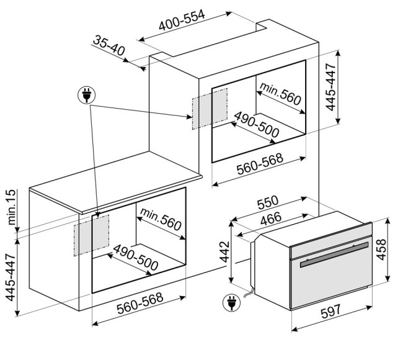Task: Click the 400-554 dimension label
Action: [x=182, y=20]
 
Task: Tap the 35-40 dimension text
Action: [x=108, y=45]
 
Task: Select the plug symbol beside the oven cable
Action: [x=231, y=303]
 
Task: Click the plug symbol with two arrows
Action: [x=87, y=95]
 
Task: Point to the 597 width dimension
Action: [x=331, y=312]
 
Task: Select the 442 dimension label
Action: [x=225, y=251]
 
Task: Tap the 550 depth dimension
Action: [x=268, y=202]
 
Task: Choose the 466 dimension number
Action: [x=271, y=218]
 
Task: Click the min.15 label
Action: [x=12, y=207]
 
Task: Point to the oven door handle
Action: [x=334, y=254]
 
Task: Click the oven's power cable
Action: [x=249, y=292]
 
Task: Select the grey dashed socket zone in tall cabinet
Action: [x=210, y=109]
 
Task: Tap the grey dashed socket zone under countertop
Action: [x=91, y=235]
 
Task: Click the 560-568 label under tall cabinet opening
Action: [x=260, y=164]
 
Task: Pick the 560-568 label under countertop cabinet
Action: [x=140, y=304]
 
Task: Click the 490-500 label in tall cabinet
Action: [x=257, y=125]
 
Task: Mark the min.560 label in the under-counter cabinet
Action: [x=161, y=220]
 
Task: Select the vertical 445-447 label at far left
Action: [x=11, y=277]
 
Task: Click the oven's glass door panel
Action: [x=331, y=280]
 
